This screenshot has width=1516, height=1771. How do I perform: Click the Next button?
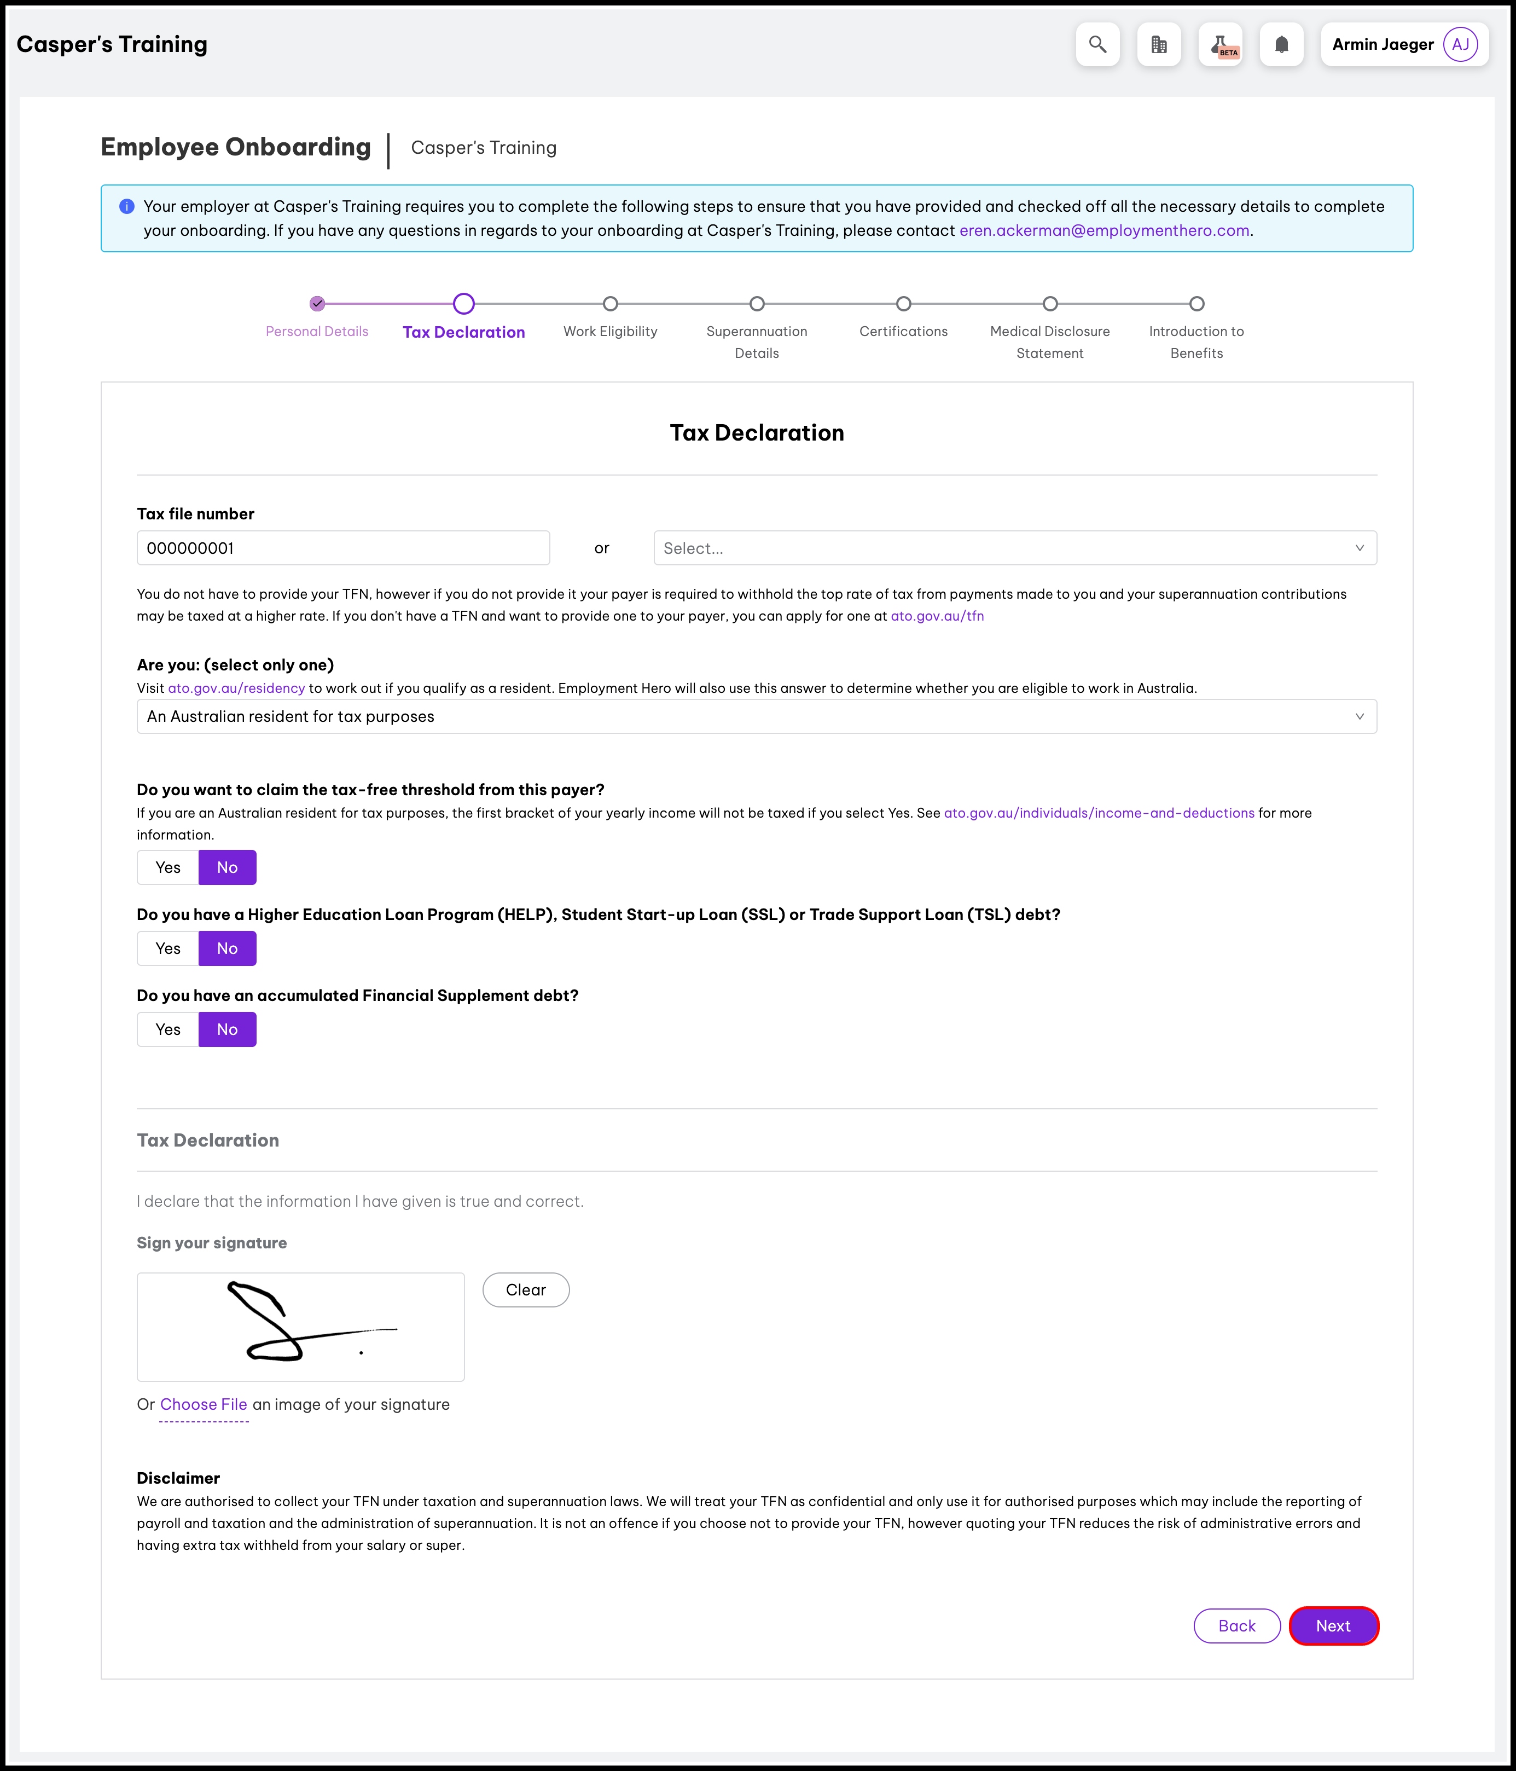click(x=1333, y=1625)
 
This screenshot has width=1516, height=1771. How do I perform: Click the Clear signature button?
click(x=526, y=1290)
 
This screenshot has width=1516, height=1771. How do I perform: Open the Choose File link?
click(x=204, y=1404)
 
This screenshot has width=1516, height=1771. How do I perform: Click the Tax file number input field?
click(x=342, y=548)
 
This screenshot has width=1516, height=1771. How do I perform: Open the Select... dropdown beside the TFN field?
click(x=1014, y=548)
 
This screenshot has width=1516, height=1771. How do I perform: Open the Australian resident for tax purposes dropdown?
click(x=756, y=716)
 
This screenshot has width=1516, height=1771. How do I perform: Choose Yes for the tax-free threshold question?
click(x=169, y=867)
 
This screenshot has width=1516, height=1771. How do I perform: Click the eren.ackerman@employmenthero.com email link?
click(x=1104, y=231)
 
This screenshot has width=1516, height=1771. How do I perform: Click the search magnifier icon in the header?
click(x=1097, y=44)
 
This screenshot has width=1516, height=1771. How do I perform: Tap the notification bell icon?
click(x=1281, y=44)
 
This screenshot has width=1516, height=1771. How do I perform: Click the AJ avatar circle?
click(x=1460, y=44)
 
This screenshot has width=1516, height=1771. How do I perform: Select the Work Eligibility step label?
click(x=610, y=332)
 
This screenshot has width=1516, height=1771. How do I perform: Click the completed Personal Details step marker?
click(x=317, y=303)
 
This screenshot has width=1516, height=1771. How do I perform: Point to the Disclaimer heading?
click(x=178, y=1478)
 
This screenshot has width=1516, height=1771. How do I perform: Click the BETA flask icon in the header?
click(x=1221, y=44)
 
